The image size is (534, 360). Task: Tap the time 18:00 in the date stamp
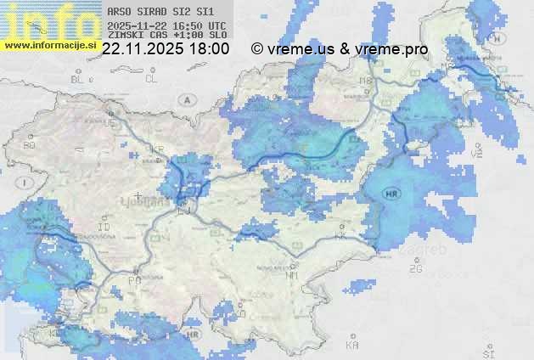(208, 49)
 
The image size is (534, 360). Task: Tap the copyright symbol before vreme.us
(257, 49)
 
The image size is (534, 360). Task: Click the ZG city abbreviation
(415, 269)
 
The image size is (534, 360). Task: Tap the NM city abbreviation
(293, 276)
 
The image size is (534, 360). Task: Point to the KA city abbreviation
(352, 346)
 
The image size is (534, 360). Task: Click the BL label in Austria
(79, 79)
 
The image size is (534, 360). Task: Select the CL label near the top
(152, 79)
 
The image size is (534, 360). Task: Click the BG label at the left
(29, 145)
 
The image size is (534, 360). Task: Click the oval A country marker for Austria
(185, 99)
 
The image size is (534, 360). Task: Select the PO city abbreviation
(134, 280)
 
